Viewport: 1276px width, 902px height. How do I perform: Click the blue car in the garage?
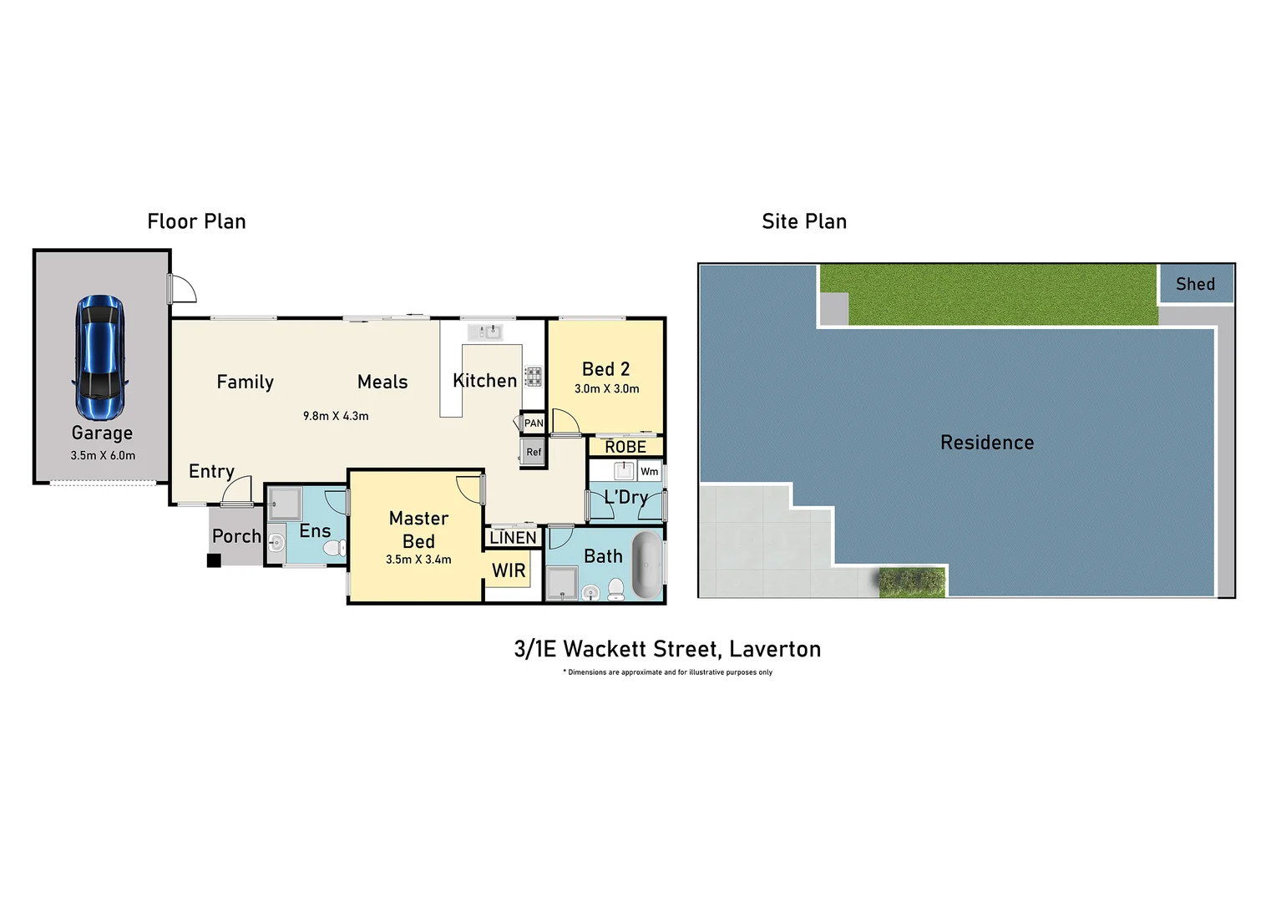[x=100, y=357]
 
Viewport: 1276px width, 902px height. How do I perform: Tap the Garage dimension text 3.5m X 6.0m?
[x=103, y=455]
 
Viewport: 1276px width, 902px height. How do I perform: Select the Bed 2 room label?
[x=605, y=369]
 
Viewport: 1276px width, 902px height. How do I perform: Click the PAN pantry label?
[x=534, y=423]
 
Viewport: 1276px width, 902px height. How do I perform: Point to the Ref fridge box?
[x=534, y=453]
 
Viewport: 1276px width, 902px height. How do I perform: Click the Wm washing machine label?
[x=649, y=472]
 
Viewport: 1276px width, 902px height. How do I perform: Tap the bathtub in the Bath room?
[x=646, y=565]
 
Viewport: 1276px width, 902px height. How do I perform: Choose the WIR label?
[x=509, y=570]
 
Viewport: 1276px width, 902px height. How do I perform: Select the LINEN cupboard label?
[x=513, y=538]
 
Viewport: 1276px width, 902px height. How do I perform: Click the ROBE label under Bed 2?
[x=625, y=447]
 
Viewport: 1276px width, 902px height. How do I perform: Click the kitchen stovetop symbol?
[x=533, y=377]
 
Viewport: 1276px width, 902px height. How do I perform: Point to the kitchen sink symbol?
[x=484, y=332]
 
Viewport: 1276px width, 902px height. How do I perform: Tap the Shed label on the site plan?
[x=1195, y=284]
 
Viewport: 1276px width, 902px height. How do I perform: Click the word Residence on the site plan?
[x=987, y=443]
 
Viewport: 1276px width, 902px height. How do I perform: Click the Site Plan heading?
[x=803, y=221]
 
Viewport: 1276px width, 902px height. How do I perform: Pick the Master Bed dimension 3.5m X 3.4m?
[x=418, y=560]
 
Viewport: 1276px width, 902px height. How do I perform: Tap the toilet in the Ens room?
[x=335, y=548]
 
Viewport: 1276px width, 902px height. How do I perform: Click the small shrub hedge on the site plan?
[x=912, y=582]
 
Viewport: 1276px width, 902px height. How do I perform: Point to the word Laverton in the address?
[x=775, y=649]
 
